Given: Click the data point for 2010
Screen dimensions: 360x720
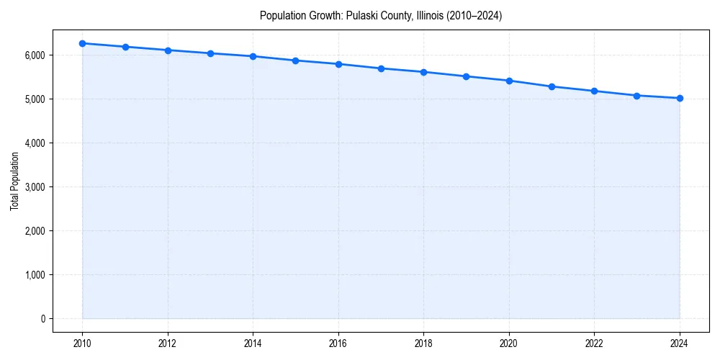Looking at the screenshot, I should tap(83, 43).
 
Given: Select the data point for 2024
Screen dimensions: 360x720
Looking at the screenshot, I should tap(680, 98).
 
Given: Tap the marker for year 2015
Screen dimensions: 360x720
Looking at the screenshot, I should tap(296, 60).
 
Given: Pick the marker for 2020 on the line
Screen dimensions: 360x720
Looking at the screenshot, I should tap(509, 81).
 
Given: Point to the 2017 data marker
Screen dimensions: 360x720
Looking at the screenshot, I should tap(381, 68).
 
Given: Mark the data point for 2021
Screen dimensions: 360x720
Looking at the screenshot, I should tap(552, 86).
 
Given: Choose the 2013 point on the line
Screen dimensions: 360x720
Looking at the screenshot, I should tap(210, 53).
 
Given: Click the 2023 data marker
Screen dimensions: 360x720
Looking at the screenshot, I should tap(637, 96).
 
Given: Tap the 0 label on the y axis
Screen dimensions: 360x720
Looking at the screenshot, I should tap(42, 319).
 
